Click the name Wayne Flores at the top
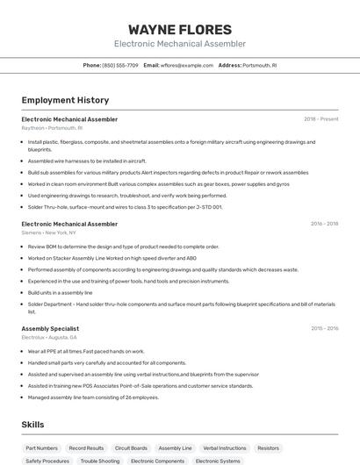(x=179, y=29)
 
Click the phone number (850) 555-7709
(x=120, y=65)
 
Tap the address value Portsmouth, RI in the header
(x=260, y=65)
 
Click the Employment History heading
(x=65, y=100)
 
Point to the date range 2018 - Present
(x=320, y=119)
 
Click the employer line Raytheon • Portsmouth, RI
(x=52, y=128)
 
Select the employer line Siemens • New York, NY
(x=49, y=232)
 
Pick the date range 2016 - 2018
(x=324, y=224)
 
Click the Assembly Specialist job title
(x=50, y=328)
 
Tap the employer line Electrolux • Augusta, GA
(x=49, y=337)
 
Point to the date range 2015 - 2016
(x=324, y=328)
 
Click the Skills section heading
(x=33, y=425)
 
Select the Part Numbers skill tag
(x=41, y=447)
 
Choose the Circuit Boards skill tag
(x=131, y=447)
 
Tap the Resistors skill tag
(x=268, y=447)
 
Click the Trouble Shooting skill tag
(x=99, y=461)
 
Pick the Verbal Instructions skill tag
(x=225, y=447)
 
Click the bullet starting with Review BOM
(x=123, y=247)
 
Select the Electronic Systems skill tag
(x=218, y=461)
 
